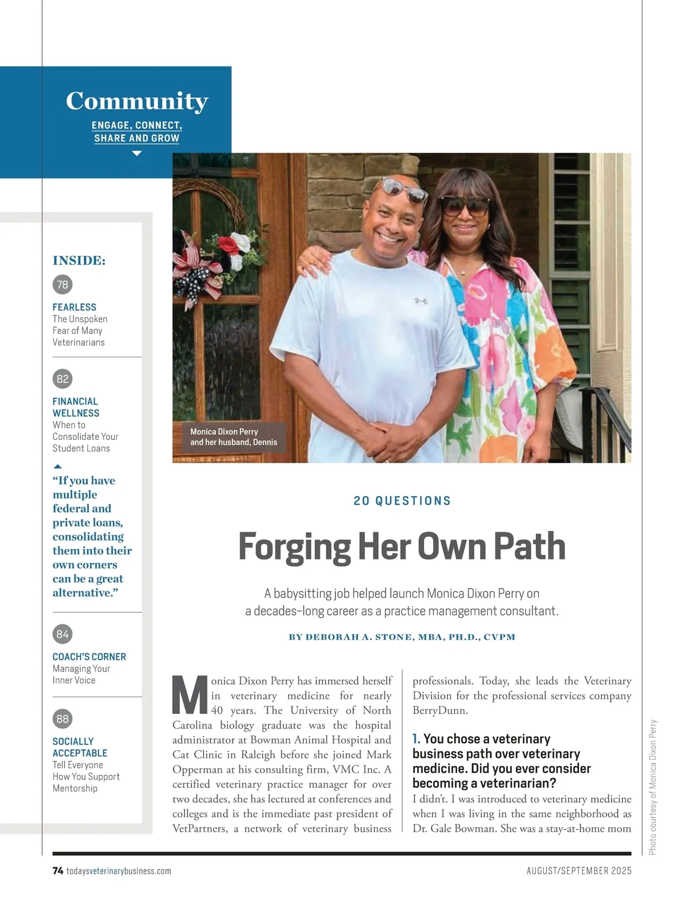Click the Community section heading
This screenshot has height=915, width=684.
point(137,101)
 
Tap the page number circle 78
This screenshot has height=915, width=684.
point(63,284)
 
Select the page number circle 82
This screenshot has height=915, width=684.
point(63,379)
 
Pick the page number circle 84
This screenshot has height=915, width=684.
point(63,634)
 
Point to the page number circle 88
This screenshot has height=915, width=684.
point(63,719)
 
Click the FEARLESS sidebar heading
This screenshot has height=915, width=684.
point(74,307)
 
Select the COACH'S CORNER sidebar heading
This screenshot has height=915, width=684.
point(89,657)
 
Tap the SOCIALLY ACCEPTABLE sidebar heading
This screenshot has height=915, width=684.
point(79,747)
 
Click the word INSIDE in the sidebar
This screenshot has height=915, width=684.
point(79,261)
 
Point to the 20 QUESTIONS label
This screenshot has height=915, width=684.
point(402,501)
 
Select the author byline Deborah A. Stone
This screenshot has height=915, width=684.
point(402,637)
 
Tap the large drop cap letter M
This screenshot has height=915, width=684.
point(189,696)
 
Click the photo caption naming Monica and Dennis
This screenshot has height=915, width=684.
point(233,437)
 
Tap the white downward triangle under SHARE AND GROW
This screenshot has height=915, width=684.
point(137,153)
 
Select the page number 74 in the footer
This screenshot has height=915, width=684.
point(58,871)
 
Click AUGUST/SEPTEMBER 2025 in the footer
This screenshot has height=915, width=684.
point(579,871)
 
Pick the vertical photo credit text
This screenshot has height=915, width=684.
point(653,787)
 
